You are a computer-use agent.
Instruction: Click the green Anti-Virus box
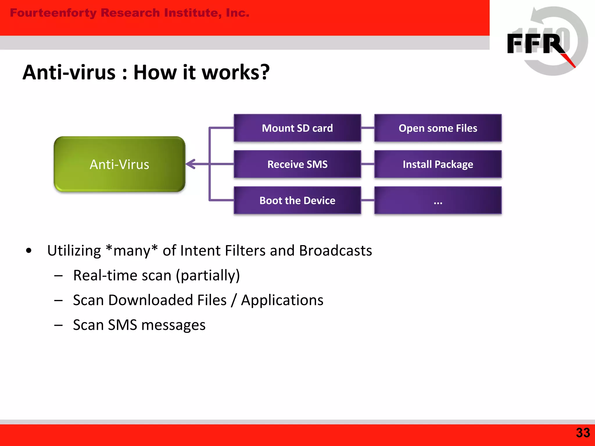(x=119, y=164)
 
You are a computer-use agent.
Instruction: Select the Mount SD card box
(x=297, y=128)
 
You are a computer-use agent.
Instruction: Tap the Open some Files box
(x=438, y=128)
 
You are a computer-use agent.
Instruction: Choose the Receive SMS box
(x=297, y=164)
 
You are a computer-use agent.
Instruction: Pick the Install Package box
(x=438, y=164)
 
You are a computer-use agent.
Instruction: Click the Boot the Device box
(x=297, y=200)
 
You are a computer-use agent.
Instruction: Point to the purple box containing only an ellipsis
(x=438, y=200)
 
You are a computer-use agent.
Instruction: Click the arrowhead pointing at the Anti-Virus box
(x=190, y=164)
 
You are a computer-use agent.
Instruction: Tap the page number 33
(x=583, y=433)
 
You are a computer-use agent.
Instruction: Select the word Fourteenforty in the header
(x=53, y=13)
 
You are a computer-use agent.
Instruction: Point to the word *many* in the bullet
(x=132, y=251)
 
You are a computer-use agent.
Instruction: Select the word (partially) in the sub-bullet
(x=208, y=275)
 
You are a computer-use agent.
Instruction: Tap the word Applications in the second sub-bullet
(x=282, y=300)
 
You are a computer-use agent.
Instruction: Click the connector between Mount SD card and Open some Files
(x=368, y=128)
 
